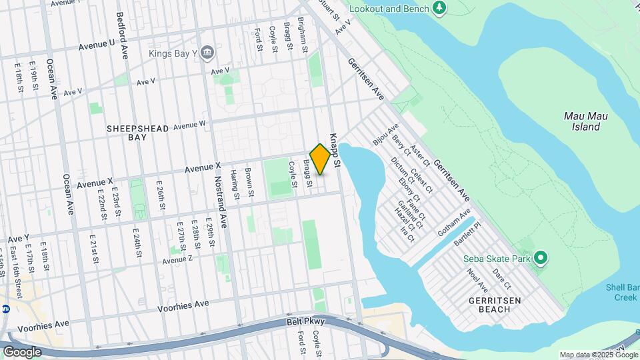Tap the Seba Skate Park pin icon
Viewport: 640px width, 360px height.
pyautogui.click(x=541, y=257)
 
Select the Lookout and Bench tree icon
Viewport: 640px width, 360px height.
pyautogui.click(x=439, y=8)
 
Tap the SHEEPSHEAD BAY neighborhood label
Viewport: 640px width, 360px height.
pyautogui.click(x=133, y=131)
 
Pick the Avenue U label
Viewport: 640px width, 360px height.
pyautogui.click(x=96, y=45)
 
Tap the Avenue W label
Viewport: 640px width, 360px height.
pyautogui.click(x=189, y=123)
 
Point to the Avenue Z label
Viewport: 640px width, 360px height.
pyautogui.click(x=177, y=259)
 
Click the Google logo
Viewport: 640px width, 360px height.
pyautogui.click(x=22, y=351)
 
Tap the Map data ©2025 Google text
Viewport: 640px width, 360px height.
pyautogui.click(x=597, y=355)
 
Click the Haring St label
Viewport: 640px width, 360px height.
pyautogui.click(x=235, y=185)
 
